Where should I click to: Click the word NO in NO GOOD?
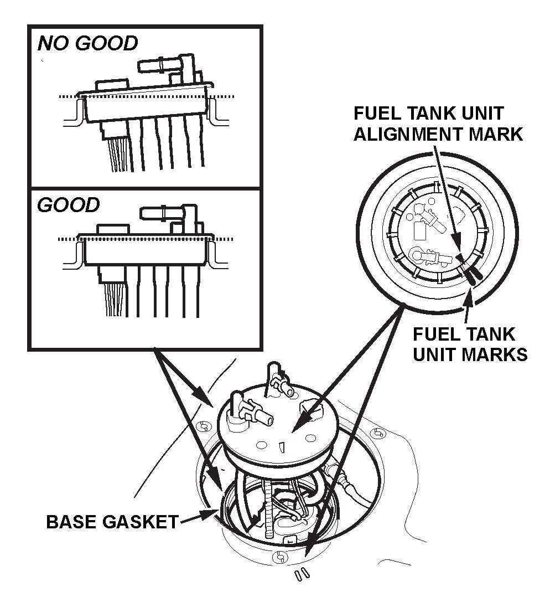(52, 43)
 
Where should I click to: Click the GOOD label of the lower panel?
(68, 205)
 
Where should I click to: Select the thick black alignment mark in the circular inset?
(472, 274)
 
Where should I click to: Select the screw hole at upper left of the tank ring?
(203, 425)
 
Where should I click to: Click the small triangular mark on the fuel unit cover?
(281, 447)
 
